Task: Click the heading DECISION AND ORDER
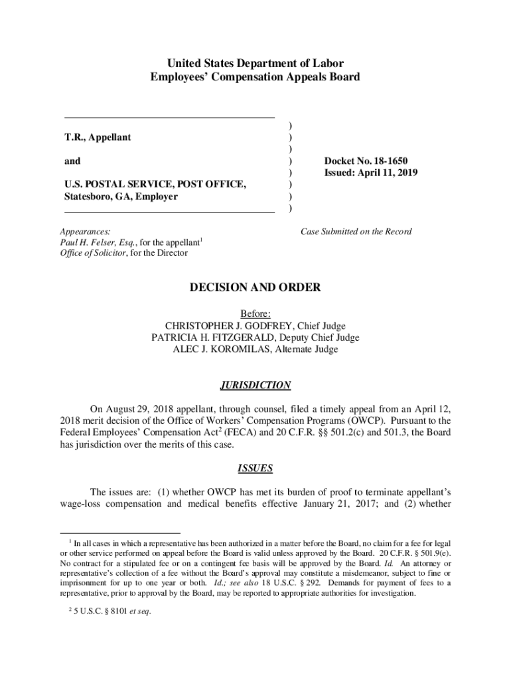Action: [x=256, y=288]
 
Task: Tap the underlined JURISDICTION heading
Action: [x=256, y=385]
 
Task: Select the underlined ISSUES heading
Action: [x=256, y=468]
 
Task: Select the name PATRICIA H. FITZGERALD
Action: [x=213, y=337]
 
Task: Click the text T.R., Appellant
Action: [x=98, y=137]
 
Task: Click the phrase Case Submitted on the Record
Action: [x=356, y=232]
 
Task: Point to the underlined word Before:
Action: [x=256, y=313]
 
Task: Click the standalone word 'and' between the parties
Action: [x=72, y=161]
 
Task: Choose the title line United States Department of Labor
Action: [x=256, y=64]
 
